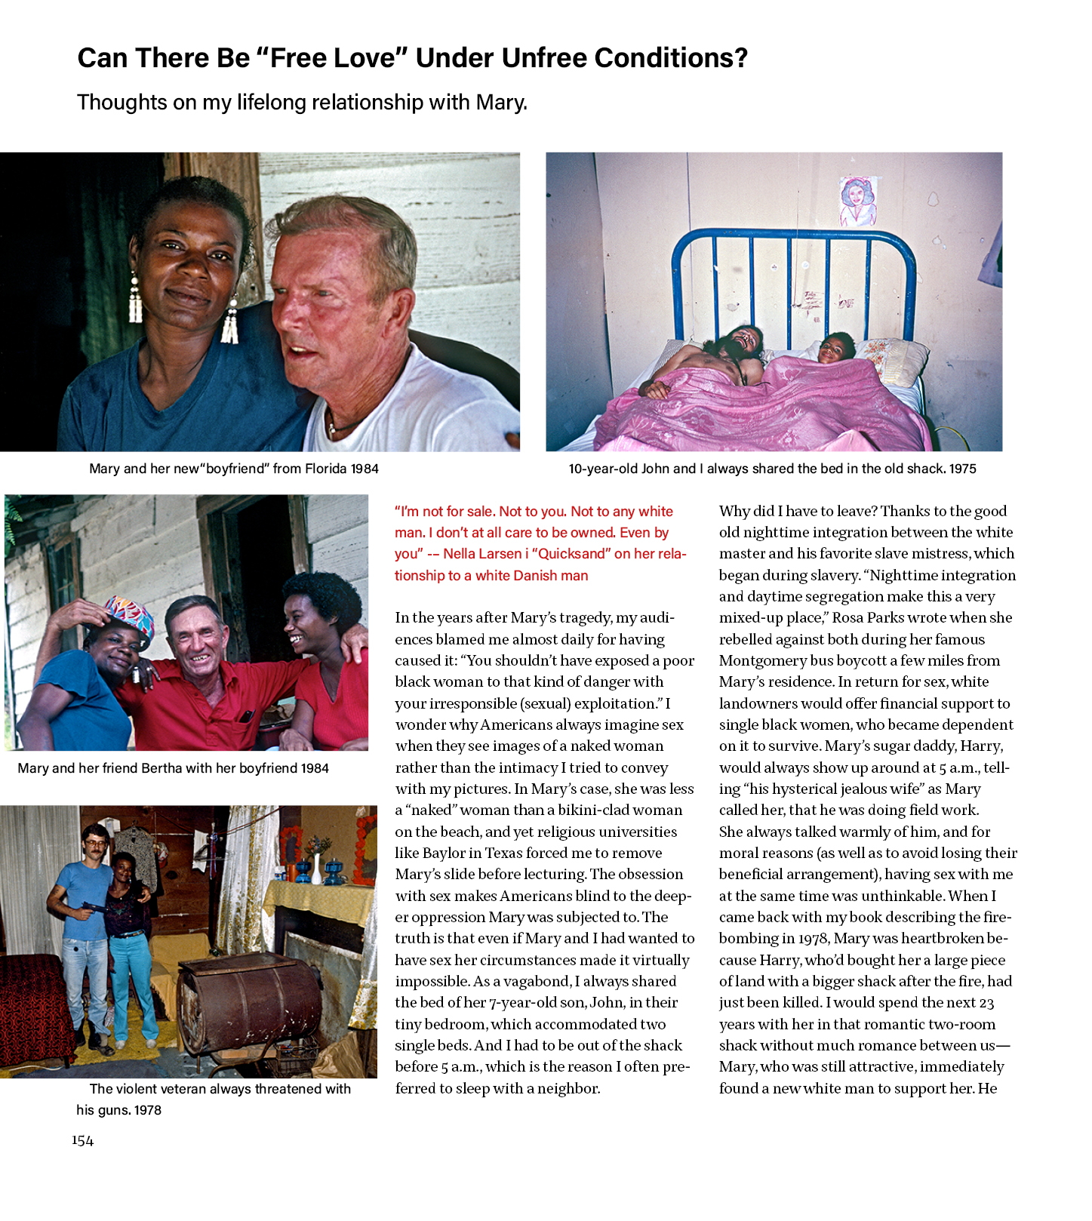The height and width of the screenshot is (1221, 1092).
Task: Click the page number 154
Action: (x=83, y=1140)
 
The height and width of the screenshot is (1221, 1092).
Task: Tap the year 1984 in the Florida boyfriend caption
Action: (x=365, y=469)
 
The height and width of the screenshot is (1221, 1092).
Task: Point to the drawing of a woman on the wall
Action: (x=857, y=201)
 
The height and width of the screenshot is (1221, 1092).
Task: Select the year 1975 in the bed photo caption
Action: (x=962, y=469)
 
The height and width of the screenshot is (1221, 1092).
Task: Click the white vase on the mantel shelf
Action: (x=316, y=869)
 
